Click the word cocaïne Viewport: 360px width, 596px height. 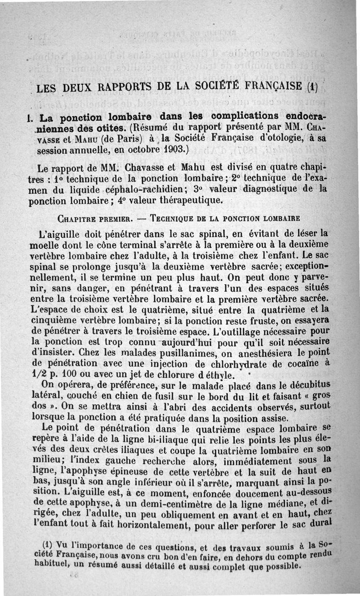[x=297, y=363]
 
